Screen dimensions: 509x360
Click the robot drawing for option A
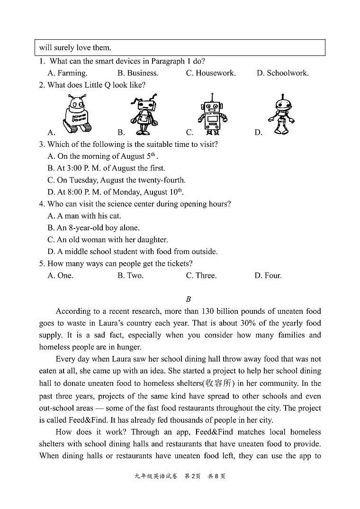pyautogui.click(x=76, y=113)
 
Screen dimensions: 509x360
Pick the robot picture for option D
pyautogui.click(x=281, y=114)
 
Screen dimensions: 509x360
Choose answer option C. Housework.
pyautogui.click(x=211, y=73)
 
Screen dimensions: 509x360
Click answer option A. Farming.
pyautogui.click(x=67, y=73)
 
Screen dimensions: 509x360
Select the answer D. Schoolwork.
pyautogui.click(x=282, y=73)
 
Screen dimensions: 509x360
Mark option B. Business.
pyautogui.click(x=138, y=73)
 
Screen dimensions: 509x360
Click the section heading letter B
pyautogui.click(x=188, y=299)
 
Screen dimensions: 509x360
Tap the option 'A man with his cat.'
pyautogui.click(x=84, y=216)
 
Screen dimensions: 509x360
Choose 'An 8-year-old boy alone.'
pyautogui.click(x=93, y=227)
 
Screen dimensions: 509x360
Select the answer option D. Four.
pyautogui.click(x=268, y=275)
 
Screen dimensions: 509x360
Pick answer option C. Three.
pyautogui.click(x=201, y=275)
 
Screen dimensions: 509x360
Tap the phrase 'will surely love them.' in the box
pyautogui.click(x=75, y=47)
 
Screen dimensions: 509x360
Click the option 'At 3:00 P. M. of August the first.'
pyautogui.click(x=106, y=168)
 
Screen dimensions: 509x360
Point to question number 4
pyautogui.click(x=42, y=204)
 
